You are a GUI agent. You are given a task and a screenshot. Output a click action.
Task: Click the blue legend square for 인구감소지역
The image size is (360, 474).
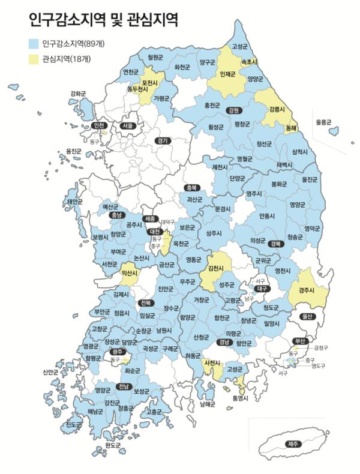[x=34, y=44]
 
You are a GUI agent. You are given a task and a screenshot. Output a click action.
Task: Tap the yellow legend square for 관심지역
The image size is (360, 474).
[x=34, y=59]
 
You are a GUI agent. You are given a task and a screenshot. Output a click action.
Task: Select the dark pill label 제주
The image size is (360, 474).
[x=293, y=445]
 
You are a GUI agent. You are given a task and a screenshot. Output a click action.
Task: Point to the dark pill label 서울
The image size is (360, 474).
[x=127, y=126]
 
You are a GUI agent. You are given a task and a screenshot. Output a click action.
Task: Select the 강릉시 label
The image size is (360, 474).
[x=277, y=110]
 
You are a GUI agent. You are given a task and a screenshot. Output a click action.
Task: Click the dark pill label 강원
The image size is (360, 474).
[x=233, y=110]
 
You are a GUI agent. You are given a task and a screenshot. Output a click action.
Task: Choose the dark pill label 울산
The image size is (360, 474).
[x=306, y=316]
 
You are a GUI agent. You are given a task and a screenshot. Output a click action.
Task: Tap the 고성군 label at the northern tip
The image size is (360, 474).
[x=239, y=46]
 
